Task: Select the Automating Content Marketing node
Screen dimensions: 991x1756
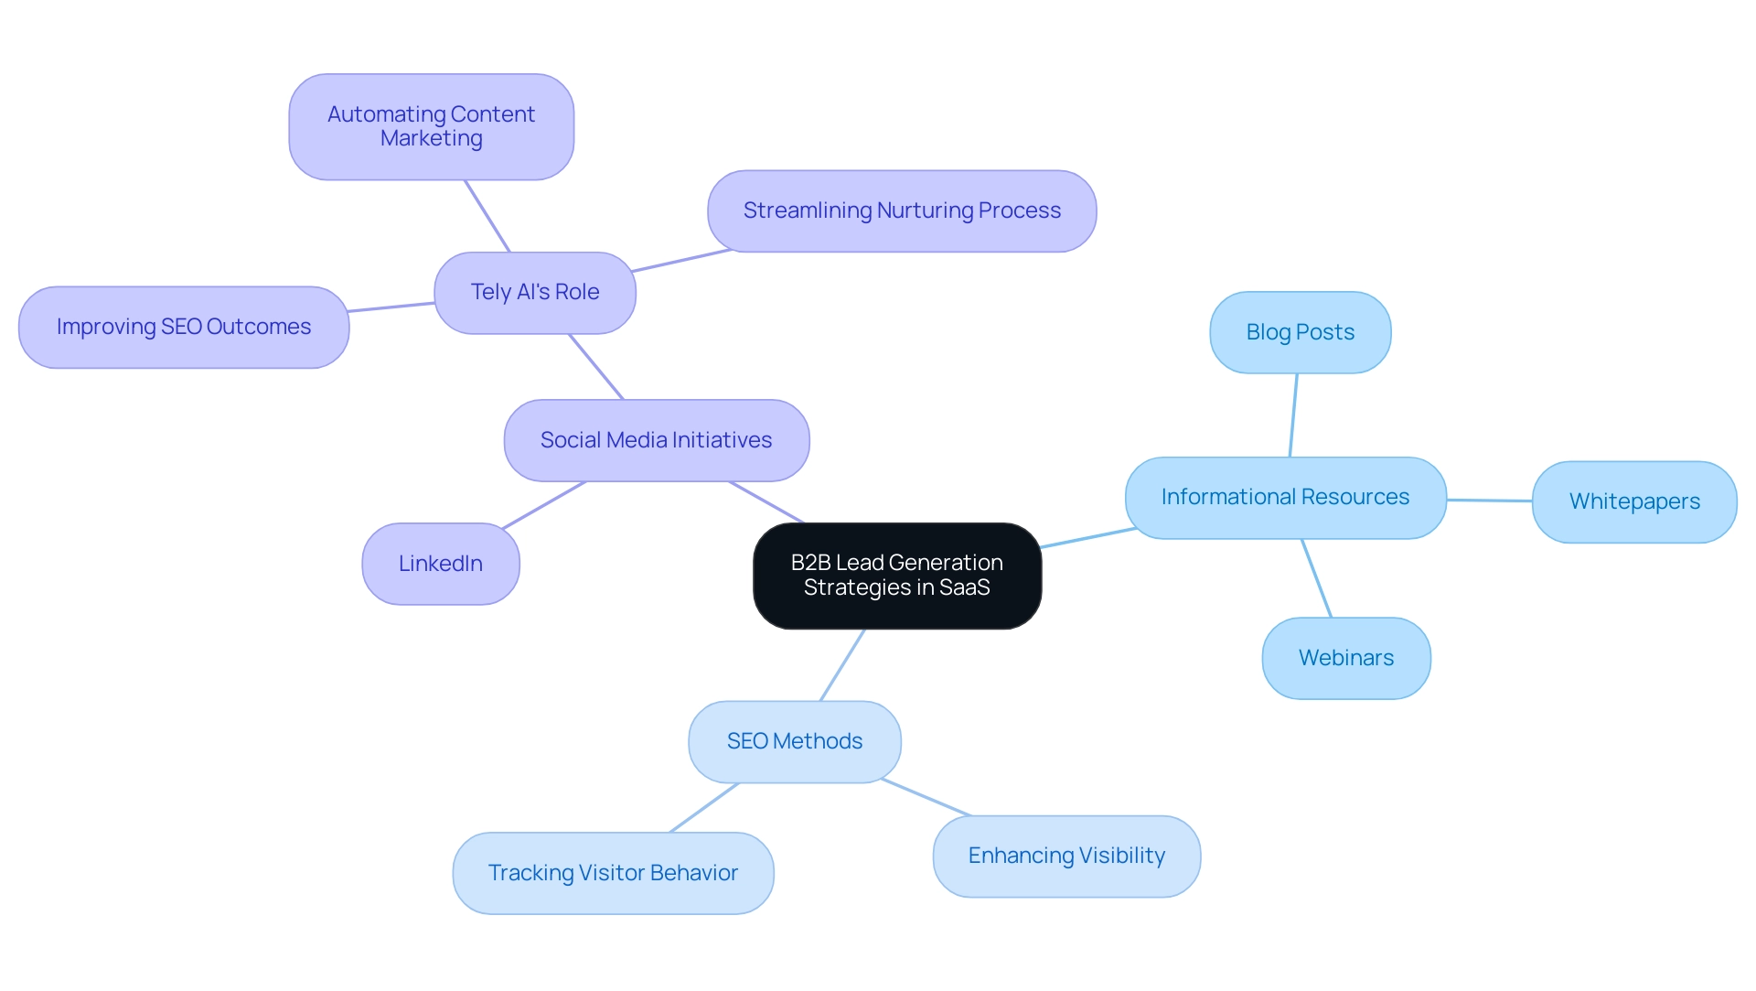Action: click(x=431, y=126)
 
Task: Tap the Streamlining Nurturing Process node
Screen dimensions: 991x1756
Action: click(x=901, y=210)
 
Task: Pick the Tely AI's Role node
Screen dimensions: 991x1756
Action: click(x=534, y=292)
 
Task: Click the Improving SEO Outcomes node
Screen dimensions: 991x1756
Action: click(x=183, y=327)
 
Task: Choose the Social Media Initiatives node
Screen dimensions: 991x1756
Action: click(x=656, y=440)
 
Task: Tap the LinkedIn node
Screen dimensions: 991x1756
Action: click(x=440, y=564)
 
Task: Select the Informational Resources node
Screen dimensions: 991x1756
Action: click(x=1285, y=497)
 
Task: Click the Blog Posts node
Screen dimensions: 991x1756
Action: click(x=1300, y=332)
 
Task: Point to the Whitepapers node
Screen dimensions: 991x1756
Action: click(x=1633, y=501)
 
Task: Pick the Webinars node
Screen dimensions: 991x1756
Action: click(x=1345, y=658)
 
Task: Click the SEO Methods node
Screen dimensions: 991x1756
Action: click(x=794, y=741)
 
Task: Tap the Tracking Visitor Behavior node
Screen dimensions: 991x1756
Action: click(x=613, y=873)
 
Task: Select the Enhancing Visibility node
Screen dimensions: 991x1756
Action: click(x=1066, y=856)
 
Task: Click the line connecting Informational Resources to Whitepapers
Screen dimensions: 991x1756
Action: click(x=1489, y=501)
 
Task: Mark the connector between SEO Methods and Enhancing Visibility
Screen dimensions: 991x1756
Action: click(x=926, y=797)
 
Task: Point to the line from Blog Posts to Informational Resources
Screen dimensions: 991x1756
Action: click(x=1293, y=415)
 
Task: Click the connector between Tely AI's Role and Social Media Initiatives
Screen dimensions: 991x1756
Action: click(x=595, y=366)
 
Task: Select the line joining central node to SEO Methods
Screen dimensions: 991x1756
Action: click(x=842, y=665)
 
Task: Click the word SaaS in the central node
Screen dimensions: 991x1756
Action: click(x=964, y=587)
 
